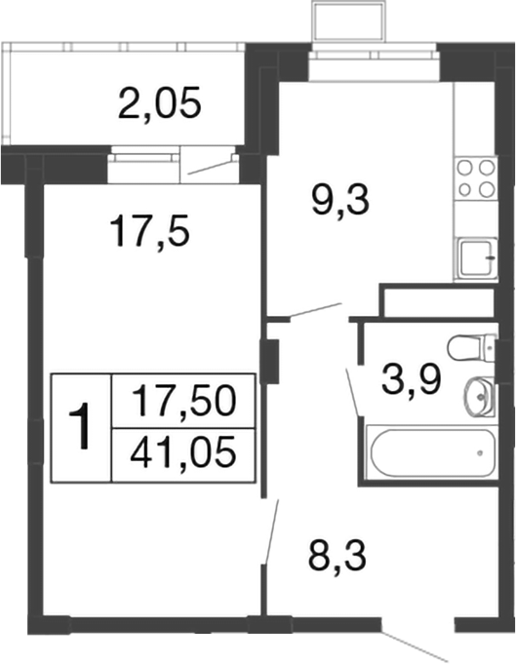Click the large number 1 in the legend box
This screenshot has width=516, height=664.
(x=83, y=426)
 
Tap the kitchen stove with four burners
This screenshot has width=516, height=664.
(x=476, y=178)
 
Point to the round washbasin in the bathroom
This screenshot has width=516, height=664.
(x=478, y=396)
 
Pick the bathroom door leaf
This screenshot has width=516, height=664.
(x=354, y=390)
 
